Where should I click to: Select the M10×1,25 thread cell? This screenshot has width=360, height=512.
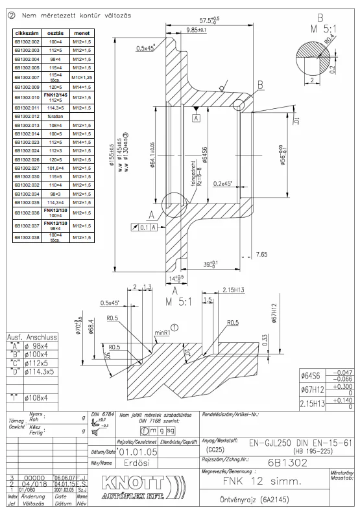[82, 76]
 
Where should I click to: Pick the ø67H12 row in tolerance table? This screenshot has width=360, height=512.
[309, 388]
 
